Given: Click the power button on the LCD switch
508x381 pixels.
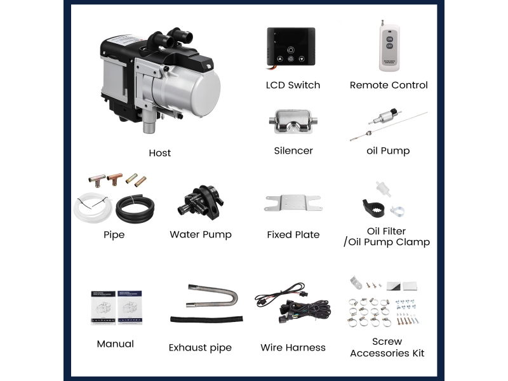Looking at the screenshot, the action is pyautogui.click(x=291, y=50).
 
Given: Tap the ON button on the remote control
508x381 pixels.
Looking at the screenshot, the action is pyautogui.click(x=389, y=39).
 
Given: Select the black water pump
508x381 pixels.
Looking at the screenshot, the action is pyautogui.click(x=201, y=202).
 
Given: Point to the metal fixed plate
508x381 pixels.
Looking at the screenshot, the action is pyautogui.click(x=293, y=203).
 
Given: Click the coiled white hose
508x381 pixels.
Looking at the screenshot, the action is pyautogui.click(x=92, y=208).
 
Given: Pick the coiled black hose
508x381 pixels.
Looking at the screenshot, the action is pyautogui.click(x=135, y=209).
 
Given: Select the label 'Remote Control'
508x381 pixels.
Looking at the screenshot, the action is pyautogui.click(x=389, y=85).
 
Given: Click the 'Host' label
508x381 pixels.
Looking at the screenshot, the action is pyautogui.click(x=160, y=153).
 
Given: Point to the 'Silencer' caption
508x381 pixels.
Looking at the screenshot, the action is pyautogui.click(x=293, y=150).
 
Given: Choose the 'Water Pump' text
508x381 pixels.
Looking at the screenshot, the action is pyautogui.click(x=201, y=234).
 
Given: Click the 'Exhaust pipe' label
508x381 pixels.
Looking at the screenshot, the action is pyautogui.click(x=200, y=347).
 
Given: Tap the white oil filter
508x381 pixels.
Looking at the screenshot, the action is pyautogui.click(x=383, y=189).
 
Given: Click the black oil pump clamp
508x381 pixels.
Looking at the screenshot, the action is pyautogui.click(x=373, y=208).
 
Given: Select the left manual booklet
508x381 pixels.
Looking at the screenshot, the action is pyautogui.click(x=103, y=308).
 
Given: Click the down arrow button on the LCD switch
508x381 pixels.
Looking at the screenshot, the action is pyautogui.click(x=302, y=59).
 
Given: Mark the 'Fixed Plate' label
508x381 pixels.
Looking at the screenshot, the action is pyautogui.click(x=293, y=234).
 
